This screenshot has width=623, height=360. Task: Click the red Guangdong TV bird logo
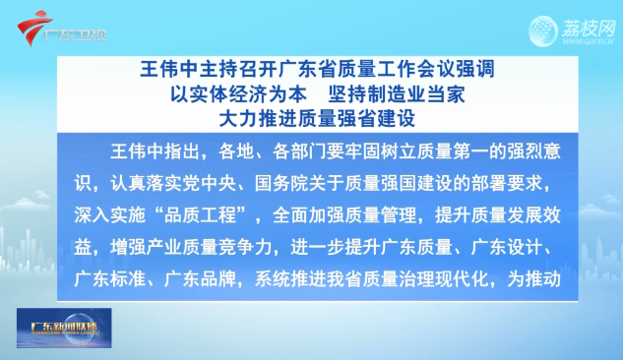(x=32, y=27)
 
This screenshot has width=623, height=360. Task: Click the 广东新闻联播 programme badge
(x=64, y=328)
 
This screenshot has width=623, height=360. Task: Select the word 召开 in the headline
(x=248, y=70)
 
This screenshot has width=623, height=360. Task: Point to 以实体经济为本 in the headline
(x=238, y=94)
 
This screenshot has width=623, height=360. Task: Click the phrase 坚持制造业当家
(x=396, y=94)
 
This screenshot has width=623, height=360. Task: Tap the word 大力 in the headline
(x=238, y=119)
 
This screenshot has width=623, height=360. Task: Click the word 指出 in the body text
(x=182, y=151)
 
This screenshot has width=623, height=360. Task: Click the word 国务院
(x=281, y=184)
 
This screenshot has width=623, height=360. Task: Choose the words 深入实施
(x=109, y=216)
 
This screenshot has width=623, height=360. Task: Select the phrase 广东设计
(x=507, y=248)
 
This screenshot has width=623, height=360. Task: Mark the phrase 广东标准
(x=109, y=279)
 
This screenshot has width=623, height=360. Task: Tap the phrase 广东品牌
(x=200, y=279)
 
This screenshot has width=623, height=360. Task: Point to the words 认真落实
(x=147, y=184)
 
